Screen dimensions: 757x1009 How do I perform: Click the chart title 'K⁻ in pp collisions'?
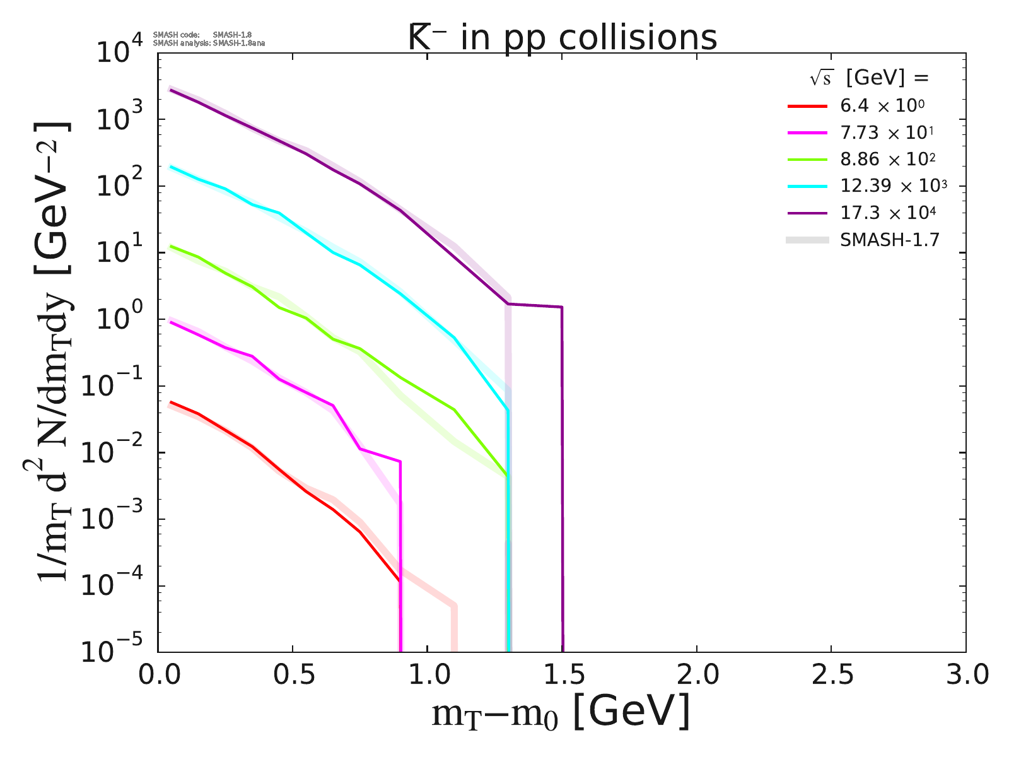click(x=562, y=38)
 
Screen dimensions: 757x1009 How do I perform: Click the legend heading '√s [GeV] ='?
click(x=870, y=78)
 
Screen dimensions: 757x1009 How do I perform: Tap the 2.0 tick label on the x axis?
click(x=696, y=675)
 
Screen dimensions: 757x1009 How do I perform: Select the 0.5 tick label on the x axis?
click(x=293, y=675)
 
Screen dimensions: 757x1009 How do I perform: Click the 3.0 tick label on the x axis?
click(x=965, y=675)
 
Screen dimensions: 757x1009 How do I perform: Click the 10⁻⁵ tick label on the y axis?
click(x=117, y=652)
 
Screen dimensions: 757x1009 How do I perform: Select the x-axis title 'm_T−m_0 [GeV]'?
click(x=561, y=713)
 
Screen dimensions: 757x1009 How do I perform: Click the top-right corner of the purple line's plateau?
click(x=561, y=307)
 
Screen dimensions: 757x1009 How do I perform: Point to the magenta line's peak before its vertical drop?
click(x=400, y=462)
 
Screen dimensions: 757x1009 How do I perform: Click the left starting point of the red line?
click(x=171, y=402)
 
